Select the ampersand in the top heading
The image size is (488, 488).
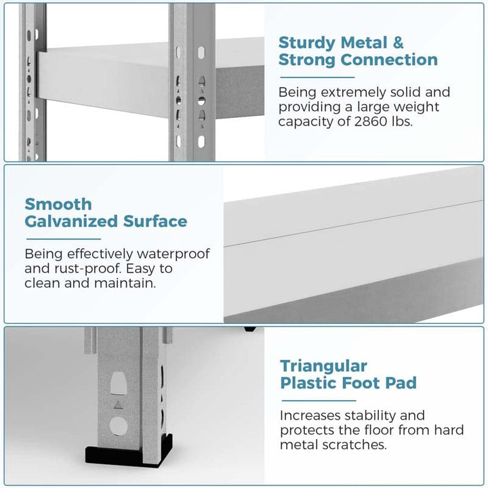pyautogui.click(x=398, y=43)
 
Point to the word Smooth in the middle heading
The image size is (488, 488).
pyautogui.click(x=58, y=205)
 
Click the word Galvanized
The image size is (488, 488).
pyautogui.click(x=71, y=221)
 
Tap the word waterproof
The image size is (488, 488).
pyautogui.click(x=174, y=254)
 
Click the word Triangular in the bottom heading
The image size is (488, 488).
pyautogui.click(x=324, y=367)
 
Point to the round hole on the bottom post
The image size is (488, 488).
pyautogui.click(x=119, y=426)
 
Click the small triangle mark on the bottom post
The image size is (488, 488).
pyautogui.click(x=118, y=405)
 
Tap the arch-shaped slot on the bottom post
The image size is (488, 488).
pyautogui.click(x=119, y=384)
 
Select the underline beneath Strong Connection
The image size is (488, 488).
pyautogui.click(x=317, y=77)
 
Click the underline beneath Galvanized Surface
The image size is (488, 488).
pyautogui.click(x=64, y=239)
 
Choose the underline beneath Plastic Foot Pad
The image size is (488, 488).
pyautogui.click(x=319, y=401)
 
